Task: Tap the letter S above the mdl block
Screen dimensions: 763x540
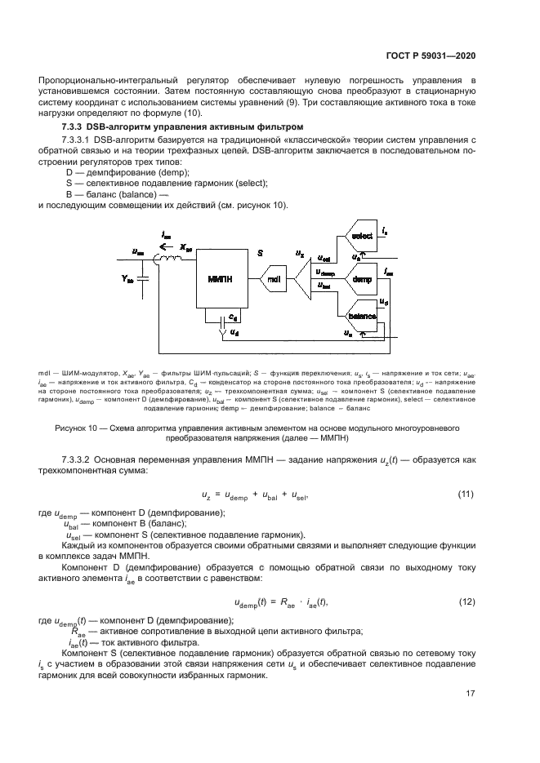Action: (260, 254)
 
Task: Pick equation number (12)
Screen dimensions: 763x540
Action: (465, 602)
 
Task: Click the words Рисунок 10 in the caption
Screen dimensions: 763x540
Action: (78, 427)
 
